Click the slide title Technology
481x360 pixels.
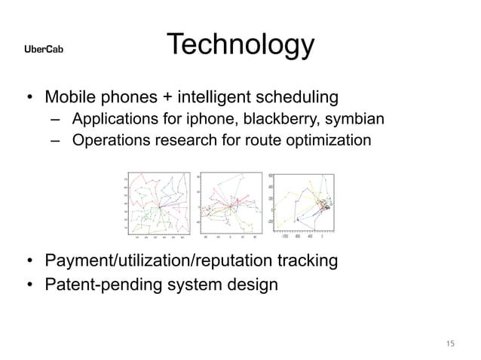(x=240, y=45)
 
